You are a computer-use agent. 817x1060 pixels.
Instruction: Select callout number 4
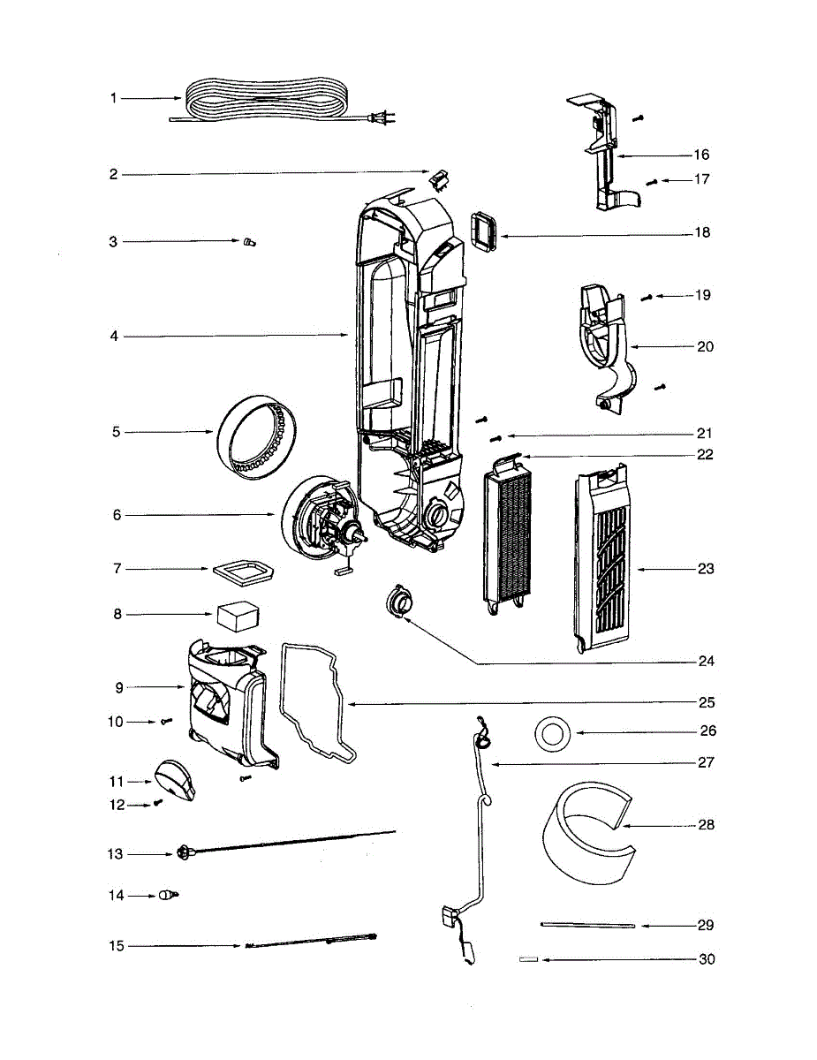tap(113, 337)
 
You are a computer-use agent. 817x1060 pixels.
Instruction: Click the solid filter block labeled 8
tap(235, 615)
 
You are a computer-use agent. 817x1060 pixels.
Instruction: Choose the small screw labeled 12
tap(158, 802)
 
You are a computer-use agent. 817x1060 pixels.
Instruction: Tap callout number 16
tap(701, 155)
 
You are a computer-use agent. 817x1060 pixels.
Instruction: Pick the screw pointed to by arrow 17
tap(653, 181)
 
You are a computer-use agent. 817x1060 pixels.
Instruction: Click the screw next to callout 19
tap(647, 298)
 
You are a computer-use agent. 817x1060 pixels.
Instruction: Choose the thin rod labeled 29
tap(587, 925)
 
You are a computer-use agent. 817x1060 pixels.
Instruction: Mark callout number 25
tap(706, 703)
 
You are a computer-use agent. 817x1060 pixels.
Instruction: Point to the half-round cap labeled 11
tap(176, 780)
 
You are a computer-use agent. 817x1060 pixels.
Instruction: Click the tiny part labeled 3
tap(246, 242)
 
